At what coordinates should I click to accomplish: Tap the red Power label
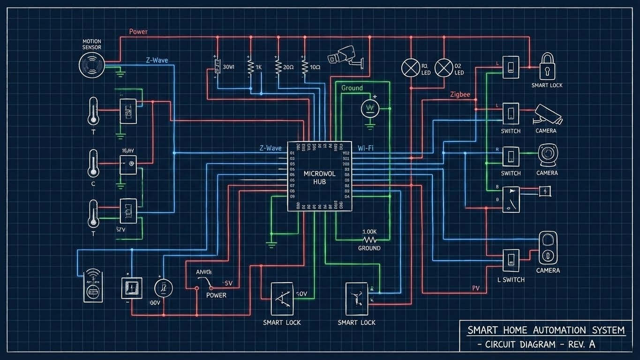click(x=138, y=32)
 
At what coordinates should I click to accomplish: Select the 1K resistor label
click(x=258, y=67)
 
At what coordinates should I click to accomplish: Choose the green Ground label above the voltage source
click(x=352, y=88)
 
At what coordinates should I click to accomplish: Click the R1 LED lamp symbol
click(x=411, y=68)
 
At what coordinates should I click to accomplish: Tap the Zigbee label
click(x=459, y=94)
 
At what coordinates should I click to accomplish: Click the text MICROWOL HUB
click(x=319, y=177)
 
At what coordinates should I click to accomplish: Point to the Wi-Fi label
click(x=365, y=148)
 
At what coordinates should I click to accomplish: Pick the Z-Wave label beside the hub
click(x=271, y=148)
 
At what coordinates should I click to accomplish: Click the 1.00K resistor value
click(x=369, y=232)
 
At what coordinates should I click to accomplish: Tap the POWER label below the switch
click(x=216, y=295)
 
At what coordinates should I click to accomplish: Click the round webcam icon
click(x=547, y=154)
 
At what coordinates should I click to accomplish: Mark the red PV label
click(x=476, y=288)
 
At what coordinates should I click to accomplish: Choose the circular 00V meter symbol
click(x=164, y=288)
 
